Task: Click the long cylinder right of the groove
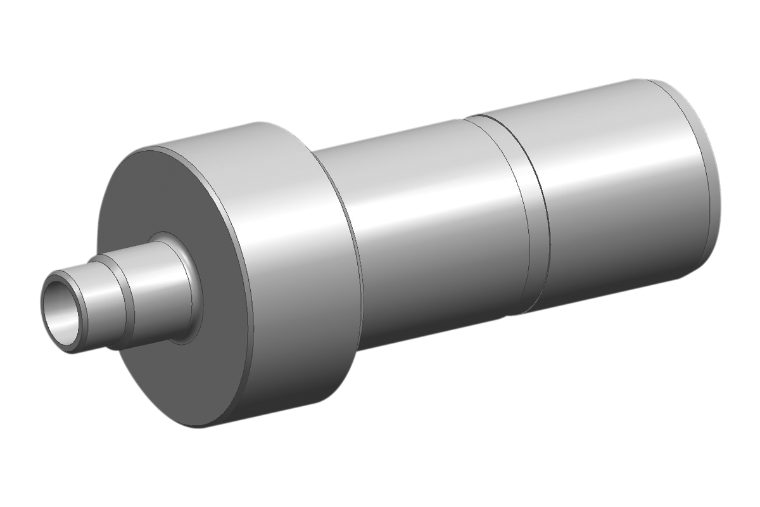(x=621, y=190)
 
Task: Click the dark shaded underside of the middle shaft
(x=437, y=317)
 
